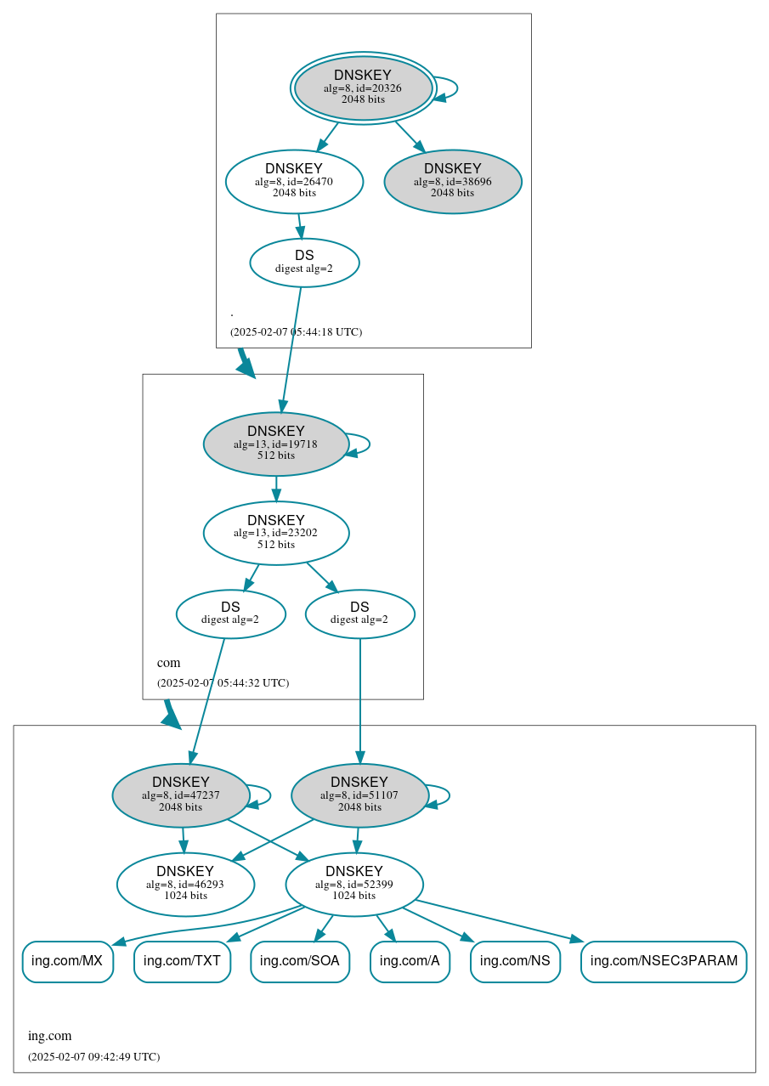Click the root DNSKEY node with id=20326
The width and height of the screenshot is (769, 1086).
tap(363, 88)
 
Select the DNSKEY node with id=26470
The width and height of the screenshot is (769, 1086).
tap(294, 181)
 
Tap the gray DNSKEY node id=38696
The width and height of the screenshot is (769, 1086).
tap(453, 181)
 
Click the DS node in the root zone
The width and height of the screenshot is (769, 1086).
tap(304, 263)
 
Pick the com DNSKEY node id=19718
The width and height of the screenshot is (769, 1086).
tap(276, 444)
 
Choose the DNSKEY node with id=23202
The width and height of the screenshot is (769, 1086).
tap(276, 533)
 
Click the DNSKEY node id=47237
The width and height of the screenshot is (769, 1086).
tap(181, 795)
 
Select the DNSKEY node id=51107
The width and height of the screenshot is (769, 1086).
tap(359, 795)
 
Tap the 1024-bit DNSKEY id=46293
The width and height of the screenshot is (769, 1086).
tap(185, 884)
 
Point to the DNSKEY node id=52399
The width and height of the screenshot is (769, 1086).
tap(354, 884)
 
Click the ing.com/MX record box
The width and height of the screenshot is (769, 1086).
tap(67, 961)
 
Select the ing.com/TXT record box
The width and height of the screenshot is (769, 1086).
tap(182, 961)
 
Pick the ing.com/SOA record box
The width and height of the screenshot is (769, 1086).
tap(300, 961)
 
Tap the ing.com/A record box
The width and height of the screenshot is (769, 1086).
tap(410, 961)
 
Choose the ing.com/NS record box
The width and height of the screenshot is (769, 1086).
tap(515, 961)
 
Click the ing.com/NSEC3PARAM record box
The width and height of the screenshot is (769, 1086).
tap(664, 961)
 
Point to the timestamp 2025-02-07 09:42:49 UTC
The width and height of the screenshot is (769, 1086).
tap(93, 1057)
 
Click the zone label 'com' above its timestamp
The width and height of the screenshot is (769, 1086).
tap(168, 663)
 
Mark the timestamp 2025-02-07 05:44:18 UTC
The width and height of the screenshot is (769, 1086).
tap(296, 332)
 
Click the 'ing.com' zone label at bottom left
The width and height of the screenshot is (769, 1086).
tap(50, 1036)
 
